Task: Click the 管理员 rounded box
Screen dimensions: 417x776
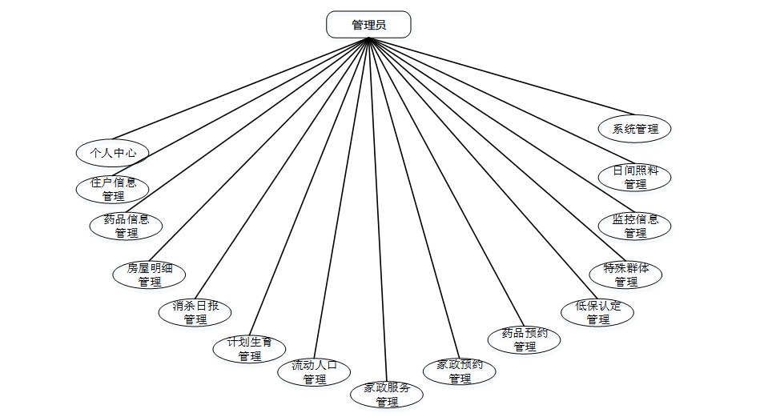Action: (x=368, y=25)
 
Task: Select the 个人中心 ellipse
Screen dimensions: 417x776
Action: (x=112, y=152)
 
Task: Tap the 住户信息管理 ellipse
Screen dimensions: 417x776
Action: (x=113, y=189)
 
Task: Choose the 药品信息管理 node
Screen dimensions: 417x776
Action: (x=127, y=227)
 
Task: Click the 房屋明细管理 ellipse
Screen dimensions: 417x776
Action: (x=149, y=275)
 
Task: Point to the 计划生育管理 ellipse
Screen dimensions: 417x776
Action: (x=250, y=349)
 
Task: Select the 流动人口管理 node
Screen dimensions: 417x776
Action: (x=314, y=372)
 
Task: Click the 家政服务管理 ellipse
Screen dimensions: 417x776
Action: (x=387, y=394)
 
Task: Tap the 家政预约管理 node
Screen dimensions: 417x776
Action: (x=460, y=371)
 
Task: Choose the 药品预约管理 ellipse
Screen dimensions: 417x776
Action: (x=525, y=339)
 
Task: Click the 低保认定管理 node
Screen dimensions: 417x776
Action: (x=597, y=312)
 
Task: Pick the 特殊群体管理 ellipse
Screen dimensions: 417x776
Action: (x=626, y=275)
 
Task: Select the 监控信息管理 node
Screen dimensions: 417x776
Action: (x=635, y=226)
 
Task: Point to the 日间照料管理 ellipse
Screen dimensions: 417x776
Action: (x=635, y=177)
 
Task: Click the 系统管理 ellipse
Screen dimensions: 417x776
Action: (x=635, y=128)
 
